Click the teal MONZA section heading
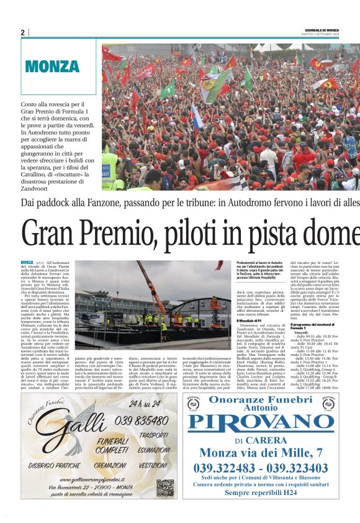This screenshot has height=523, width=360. pos(52,67)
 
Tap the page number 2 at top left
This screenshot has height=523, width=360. pos(23,32)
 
